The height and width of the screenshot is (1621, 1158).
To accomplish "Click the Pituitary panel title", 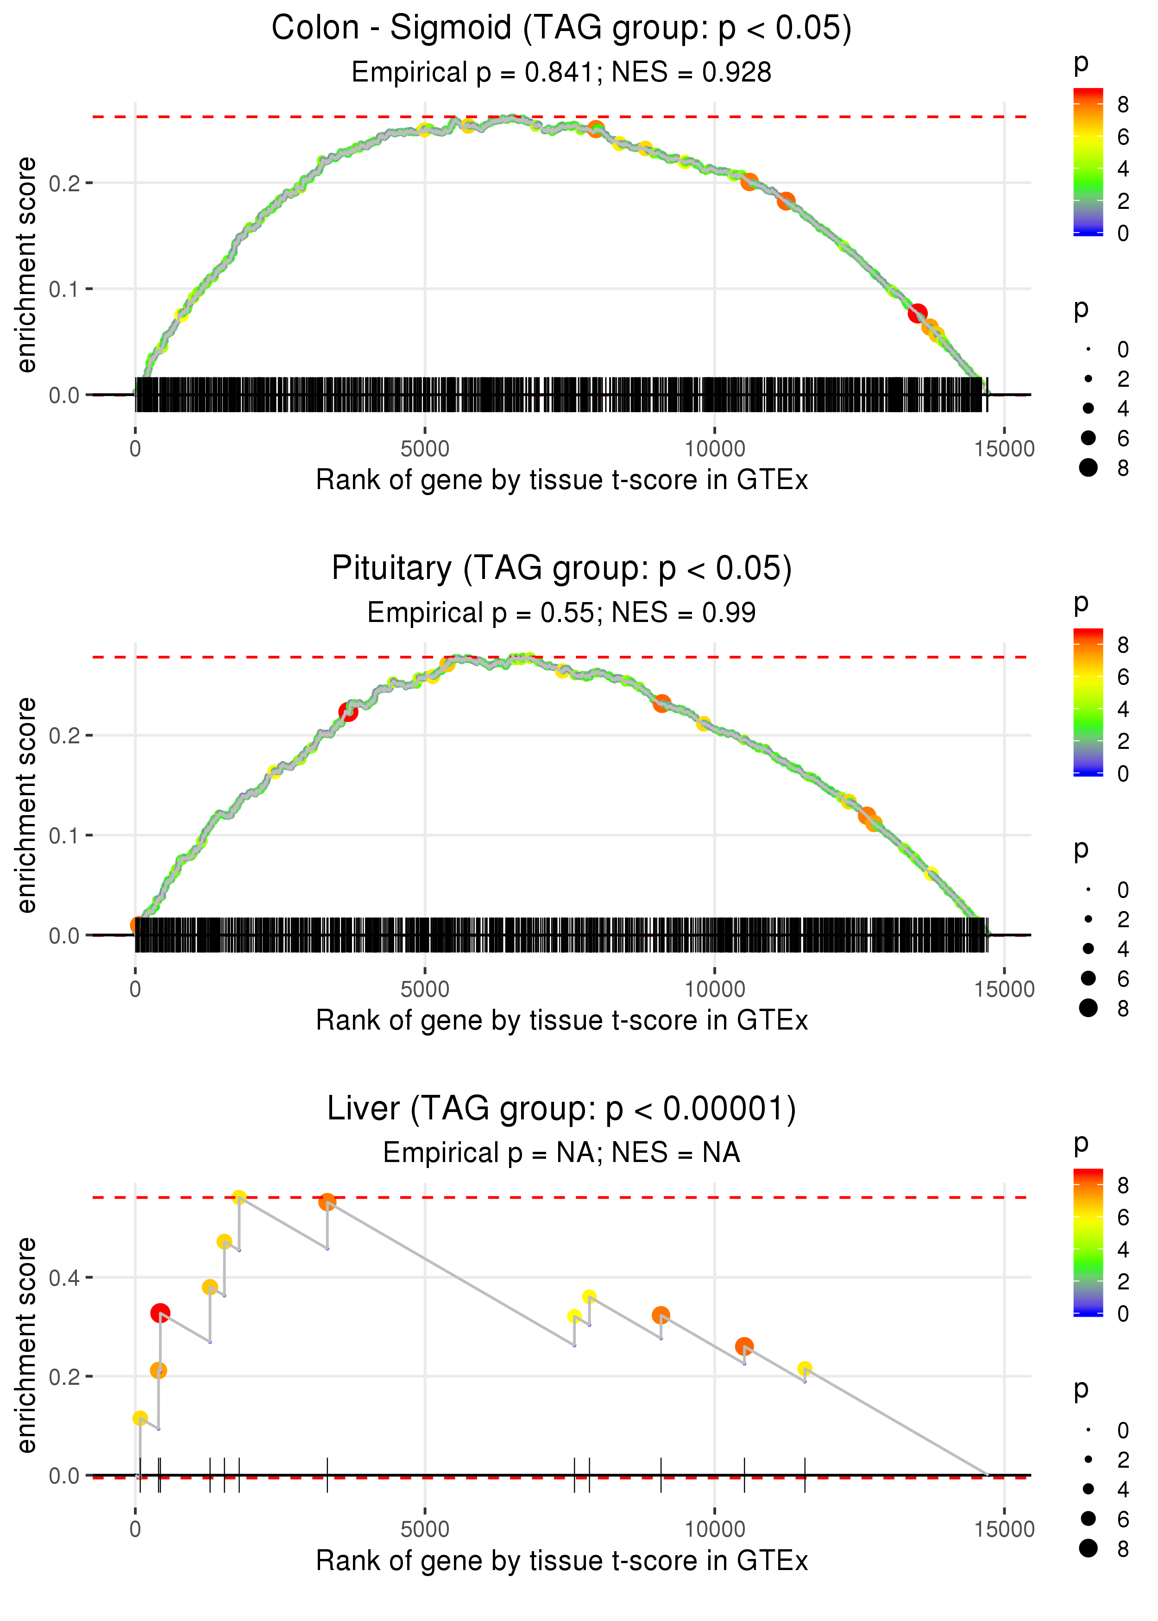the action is pyautogui.click(x=561, y=569).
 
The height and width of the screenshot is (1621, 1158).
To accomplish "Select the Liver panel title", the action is pyautogui.click(x=561, y=1109).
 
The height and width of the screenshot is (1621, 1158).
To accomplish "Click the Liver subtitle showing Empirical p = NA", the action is pyautogui.click(x=561, y=1153).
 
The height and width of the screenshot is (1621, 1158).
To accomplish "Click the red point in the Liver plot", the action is pyautogui.click(x=160, y=1313).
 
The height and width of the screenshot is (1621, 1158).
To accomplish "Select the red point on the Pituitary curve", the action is pyautogui.click(x=348, y=711).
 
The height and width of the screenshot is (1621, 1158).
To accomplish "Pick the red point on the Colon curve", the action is pyautogui.click(x=918, y=313).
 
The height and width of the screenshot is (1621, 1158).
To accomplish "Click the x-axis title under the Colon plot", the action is pyautogui.click(x=562, y=480).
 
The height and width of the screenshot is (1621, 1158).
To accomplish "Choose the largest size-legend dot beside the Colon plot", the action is pyautogui.click(x=1088, y=468).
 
